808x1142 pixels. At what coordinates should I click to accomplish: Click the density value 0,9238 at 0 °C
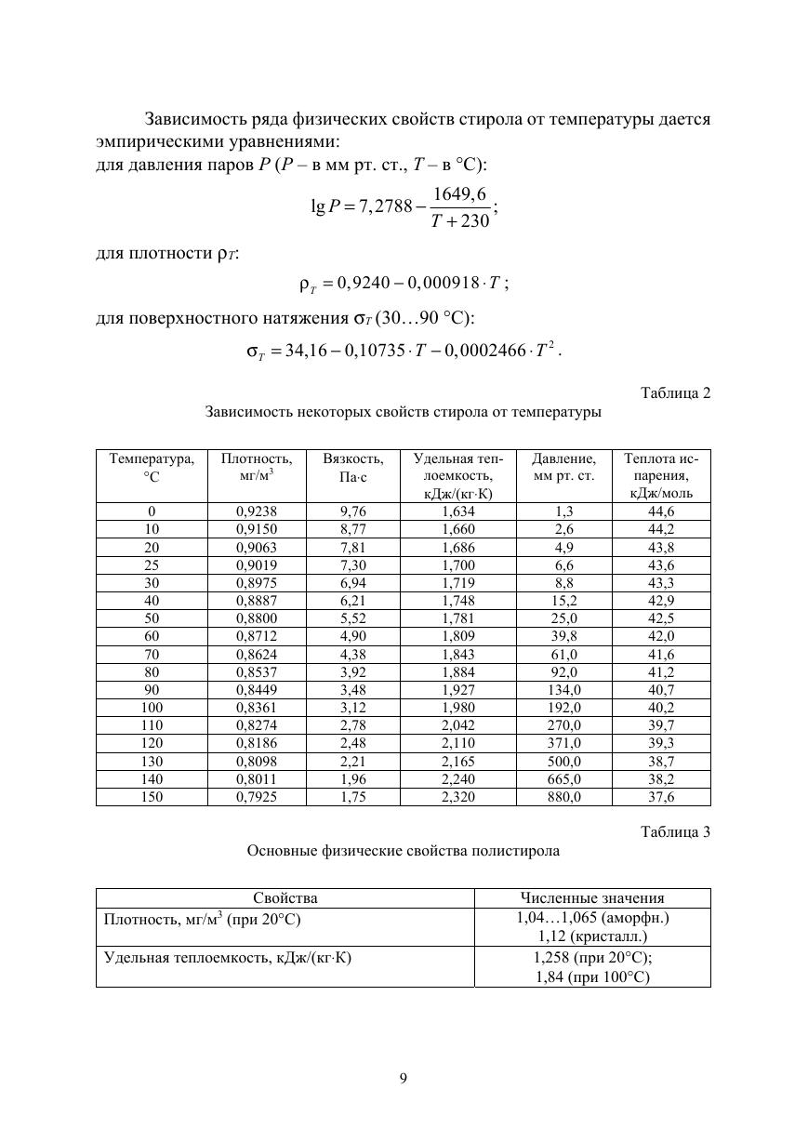pyautogui.click(x=257, y=511)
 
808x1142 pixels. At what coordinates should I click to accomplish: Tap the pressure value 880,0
pyautogui.click(x=563, y=797)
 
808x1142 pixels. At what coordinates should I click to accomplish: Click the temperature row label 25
pyautogui.click(x=152, y=564)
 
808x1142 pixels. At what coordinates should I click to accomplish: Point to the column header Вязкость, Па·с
pyautogui.click(x=353, y=468)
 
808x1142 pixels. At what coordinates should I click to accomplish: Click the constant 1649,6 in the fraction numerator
pyautogui.click(x=459, y=193)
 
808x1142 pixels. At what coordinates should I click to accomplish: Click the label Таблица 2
pyautogui.click(x=675, y=392)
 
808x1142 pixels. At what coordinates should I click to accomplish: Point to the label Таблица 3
pyautogui.click(x=675, y=832)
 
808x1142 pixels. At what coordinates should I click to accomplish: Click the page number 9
pyautogui.click(x=404, y=1079)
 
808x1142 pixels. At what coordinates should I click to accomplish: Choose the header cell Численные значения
pyautogui.click(x=592, y=898)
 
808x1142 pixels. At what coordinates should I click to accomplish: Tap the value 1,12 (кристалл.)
pyautogui.click(x=592, y=936)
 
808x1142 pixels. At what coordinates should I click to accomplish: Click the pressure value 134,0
pyautogui.click(x=563, y=689)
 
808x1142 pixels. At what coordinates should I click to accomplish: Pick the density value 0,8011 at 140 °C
pyautogui.click(x=257, y=779)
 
